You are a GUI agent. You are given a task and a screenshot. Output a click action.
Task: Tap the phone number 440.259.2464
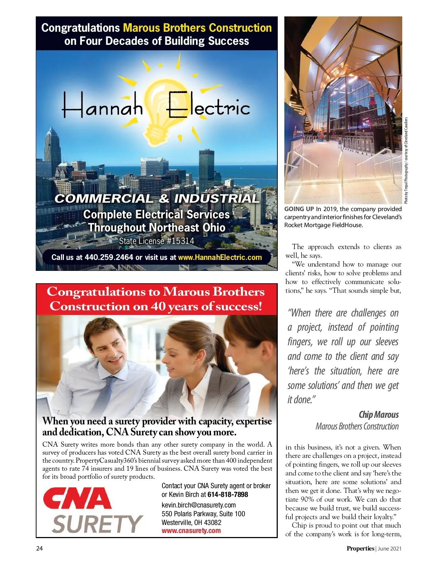click(109, 257)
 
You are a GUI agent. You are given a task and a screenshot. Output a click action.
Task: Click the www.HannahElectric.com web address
click(220, 257)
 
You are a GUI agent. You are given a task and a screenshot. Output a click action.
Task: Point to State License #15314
click(157, 241)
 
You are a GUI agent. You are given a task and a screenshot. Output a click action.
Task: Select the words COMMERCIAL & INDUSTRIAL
click(157, 199)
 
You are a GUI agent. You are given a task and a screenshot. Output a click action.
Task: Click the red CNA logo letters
click(77, 499)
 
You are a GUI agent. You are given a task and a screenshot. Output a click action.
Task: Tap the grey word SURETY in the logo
click(97, 524)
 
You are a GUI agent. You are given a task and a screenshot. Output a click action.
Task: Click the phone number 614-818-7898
click(228, 495)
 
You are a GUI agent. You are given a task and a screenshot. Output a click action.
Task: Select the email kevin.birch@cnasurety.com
click(199, 505)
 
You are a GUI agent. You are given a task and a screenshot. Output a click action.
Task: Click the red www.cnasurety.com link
click(191, 530)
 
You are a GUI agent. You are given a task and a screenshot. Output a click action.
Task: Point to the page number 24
click(39, 548)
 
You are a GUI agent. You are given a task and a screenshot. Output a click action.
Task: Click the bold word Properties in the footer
click(360, 548)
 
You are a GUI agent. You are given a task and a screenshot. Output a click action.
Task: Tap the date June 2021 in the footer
click(389, 548)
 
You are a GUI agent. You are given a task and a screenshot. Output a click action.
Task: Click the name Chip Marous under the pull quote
click(379, 415)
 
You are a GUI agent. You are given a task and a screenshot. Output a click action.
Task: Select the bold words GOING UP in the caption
click(299, 209)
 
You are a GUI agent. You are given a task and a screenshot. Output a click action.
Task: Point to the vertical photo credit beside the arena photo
click(406, 160)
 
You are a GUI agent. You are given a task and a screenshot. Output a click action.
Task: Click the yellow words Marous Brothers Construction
click(197, 28)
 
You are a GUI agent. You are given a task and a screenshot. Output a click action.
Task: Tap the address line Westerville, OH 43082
click(191, 522)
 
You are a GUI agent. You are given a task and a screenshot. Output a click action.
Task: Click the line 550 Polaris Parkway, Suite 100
click(203, 514)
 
